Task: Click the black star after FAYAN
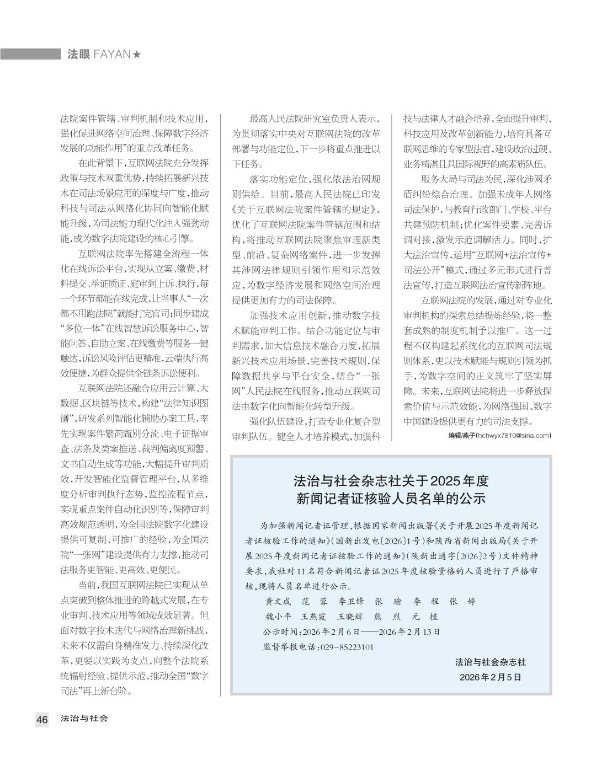pos(137,54)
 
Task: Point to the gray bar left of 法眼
pos(30,54)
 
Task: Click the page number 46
pos(42,719)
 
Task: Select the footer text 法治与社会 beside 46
pos(84,719)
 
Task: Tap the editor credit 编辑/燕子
pos(462,435)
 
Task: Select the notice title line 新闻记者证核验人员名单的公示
pos(391,499)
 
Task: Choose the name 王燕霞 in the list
pos(313,617)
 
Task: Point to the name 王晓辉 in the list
pos(350,617)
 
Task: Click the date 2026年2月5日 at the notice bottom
pos(490,677)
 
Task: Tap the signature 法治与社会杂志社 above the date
pos(490,662)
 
